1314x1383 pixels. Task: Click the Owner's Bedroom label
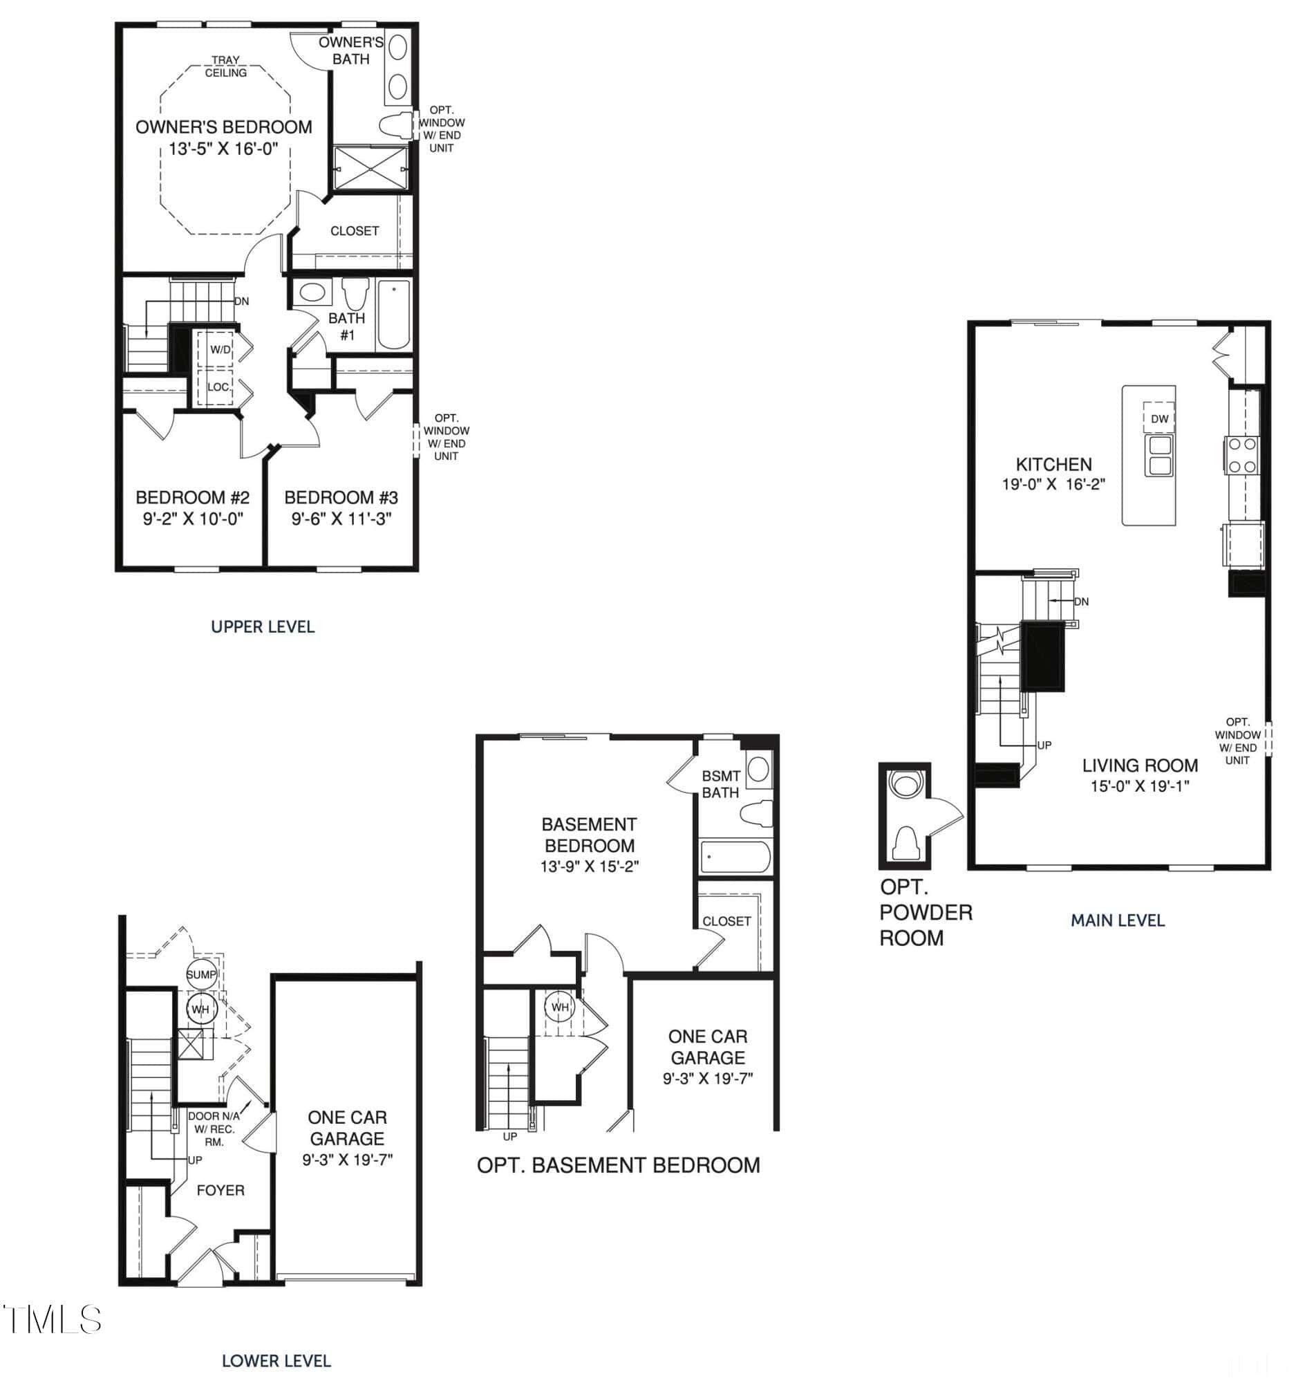223,127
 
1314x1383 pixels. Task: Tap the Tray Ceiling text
225,66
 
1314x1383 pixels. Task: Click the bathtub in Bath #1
393,315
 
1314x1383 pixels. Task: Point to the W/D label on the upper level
220,350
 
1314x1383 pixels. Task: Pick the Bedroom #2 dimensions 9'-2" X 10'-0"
193,519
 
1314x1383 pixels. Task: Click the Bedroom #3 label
341,497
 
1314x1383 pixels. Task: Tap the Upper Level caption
263,626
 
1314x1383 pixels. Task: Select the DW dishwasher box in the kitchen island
1159,418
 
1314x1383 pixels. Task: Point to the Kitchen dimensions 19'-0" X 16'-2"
1053,484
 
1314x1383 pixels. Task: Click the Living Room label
1140,765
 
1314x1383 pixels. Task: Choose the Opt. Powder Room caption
926,911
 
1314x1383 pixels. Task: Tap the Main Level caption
1117,920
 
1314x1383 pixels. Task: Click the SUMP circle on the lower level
201,974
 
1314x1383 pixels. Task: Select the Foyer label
220,1189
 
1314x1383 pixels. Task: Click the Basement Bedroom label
590,835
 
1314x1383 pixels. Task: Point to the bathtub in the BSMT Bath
735,857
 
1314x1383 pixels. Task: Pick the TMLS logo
52,1319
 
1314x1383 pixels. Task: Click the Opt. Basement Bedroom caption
619,1165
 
